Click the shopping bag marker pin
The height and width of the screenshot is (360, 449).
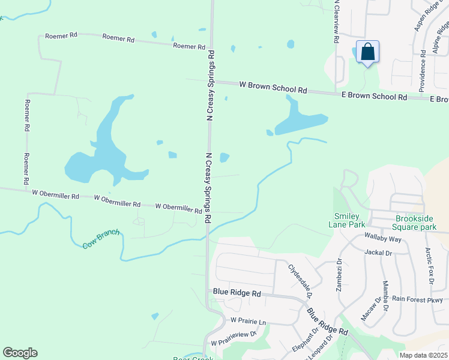pyautogui.click(x=367, y=52)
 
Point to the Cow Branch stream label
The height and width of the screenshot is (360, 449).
pyautogui.click(x=101, y=239)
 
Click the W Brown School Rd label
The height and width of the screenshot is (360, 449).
pyautogui.click(x=273, y=88)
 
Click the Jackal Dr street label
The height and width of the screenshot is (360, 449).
pyautogui.click(x=378, y=253)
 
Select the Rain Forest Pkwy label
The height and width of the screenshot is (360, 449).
pyautogui.click(x=418, y=300)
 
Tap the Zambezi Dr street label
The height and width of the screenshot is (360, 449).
pyautogui.click(x=339, y=275)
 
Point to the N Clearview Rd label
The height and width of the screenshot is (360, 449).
pyautogui.click(x=337, y=22)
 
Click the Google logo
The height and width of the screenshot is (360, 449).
pyautogui.click(x=20, y=353)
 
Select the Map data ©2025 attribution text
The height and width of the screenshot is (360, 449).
pyautogui.click(x=423, y=355)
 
